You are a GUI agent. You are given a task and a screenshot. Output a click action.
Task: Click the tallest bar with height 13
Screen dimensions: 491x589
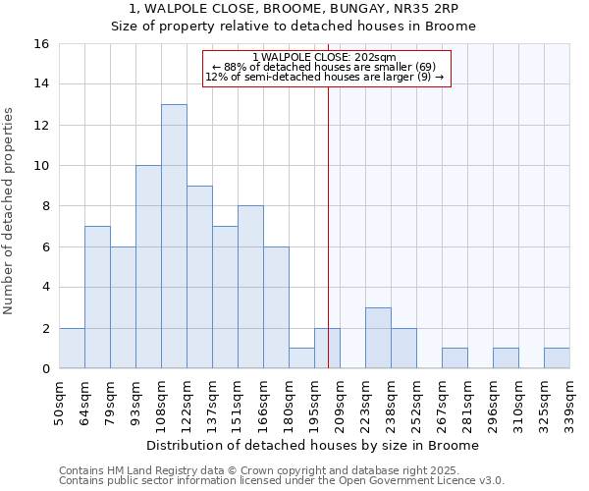174,236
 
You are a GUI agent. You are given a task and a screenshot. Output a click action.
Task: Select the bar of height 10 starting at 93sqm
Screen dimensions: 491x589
148,267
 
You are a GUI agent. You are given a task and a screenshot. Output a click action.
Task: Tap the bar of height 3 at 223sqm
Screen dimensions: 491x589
378,338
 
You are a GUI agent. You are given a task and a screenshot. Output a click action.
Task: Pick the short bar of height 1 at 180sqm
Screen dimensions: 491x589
301,358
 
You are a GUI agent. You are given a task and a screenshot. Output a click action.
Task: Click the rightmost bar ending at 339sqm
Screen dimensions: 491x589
557,358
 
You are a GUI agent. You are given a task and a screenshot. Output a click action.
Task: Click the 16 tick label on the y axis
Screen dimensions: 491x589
41,44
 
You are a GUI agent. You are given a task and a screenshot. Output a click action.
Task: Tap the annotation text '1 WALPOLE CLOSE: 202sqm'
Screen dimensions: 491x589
325,57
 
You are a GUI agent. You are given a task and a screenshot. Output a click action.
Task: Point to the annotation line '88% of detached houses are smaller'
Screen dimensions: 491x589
325,67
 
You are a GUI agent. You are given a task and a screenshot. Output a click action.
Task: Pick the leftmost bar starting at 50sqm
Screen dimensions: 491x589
72,348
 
